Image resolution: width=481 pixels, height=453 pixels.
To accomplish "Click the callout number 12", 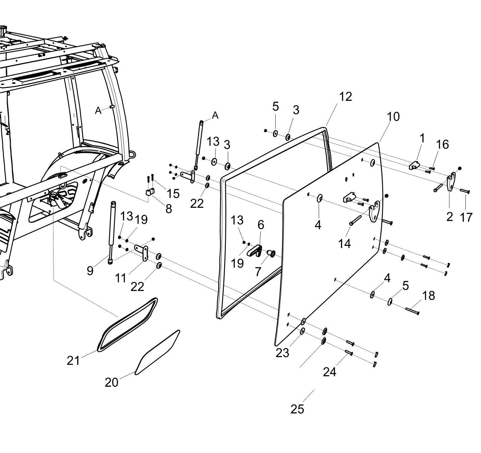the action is pos(346,97).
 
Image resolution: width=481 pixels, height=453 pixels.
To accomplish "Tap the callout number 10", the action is pos(393,117).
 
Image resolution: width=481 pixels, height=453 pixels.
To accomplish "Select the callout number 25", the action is pos(297,410).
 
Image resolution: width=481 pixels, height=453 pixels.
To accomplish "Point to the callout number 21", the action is pos(73,361).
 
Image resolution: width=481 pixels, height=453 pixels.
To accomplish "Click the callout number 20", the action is pos(111,383).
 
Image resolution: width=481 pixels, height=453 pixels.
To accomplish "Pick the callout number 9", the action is pos(90,271).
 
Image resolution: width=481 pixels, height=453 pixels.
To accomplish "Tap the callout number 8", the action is pos(169,209).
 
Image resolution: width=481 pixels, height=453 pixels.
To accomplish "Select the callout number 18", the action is pos(428,296).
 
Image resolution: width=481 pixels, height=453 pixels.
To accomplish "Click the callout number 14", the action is pos(344,244).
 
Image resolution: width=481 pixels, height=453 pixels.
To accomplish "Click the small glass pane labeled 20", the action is pos(157,352).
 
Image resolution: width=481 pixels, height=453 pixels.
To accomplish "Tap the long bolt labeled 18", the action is pos(412,311).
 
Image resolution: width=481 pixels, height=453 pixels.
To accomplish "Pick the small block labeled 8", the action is pos(150,192).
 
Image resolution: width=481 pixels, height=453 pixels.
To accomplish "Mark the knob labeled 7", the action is pos(271,254).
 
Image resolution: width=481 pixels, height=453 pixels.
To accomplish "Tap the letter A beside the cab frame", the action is pos(98,111).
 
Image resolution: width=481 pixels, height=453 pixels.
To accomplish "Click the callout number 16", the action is pos(443,144).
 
